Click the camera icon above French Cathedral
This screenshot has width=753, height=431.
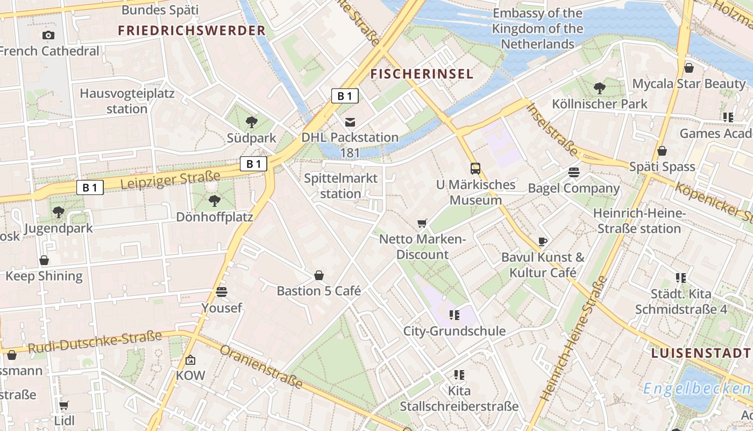pos(48,36)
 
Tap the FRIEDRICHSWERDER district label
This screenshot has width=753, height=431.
pos(192,31)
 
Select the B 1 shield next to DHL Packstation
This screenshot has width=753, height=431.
pos(344,96)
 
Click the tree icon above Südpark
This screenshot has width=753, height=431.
pos(251,122)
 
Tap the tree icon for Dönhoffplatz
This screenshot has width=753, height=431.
pos(215,201)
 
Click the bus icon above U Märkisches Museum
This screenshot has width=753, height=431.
pos(475,168)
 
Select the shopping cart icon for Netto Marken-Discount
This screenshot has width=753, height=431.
pos(422,223)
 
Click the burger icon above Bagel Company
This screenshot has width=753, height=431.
pos(574,172)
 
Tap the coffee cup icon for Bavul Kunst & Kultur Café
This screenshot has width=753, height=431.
pos(543,241)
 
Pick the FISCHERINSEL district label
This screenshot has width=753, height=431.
pos(422,74)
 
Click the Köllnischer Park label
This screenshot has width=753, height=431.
pos(600,103)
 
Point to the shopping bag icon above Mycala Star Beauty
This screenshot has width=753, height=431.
pos(688,68)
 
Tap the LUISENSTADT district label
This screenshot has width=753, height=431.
pos(700,353)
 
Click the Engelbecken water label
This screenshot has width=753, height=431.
pos(697,388)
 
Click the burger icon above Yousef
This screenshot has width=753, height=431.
pos(222,292)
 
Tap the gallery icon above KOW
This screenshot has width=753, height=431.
pos(190,360)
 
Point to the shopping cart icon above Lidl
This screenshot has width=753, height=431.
pos(64,405)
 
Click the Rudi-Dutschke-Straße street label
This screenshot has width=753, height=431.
pos(95,343)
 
